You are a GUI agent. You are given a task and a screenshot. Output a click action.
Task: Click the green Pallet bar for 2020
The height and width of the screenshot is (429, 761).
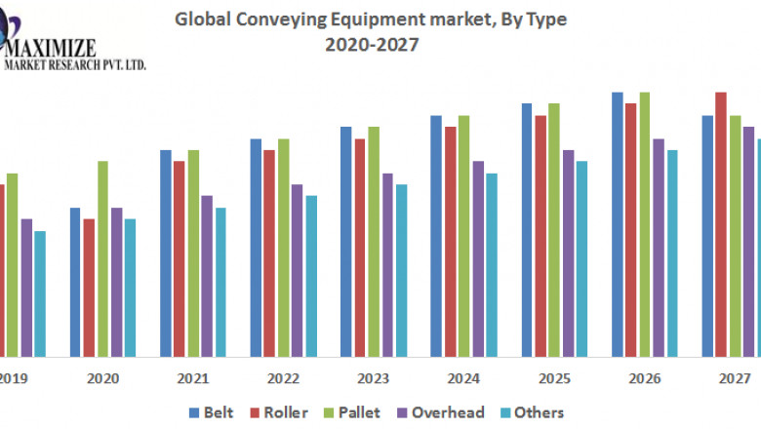pyautogui.click(x=102, y=257)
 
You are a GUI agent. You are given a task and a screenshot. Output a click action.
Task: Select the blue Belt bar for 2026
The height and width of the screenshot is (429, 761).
pyautogui.click(x=618, y=223)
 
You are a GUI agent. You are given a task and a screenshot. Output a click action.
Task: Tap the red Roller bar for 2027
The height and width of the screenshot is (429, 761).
pyautogui.click(x=721, y=223)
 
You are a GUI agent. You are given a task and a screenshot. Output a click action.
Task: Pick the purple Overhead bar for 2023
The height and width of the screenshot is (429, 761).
pyautogui.click(x=387, y=263)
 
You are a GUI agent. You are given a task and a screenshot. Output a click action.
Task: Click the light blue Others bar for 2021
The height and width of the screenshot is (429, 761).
pyautogui.click(x=220, y=281)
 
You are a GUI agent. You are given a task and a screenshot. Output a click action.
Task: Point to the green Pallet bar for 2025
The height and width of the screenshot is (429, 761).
pyautogui.click(x=554, y=229)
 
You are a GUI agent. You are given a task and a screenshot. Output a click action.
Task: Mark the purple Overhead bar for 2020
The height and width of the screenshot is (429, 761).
pyautogui.click(x=116, y=281)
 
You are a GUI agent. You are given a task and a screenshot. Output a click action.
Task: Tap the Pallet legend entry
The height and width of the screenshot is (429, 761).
pyautogui.click(x=357, y=412)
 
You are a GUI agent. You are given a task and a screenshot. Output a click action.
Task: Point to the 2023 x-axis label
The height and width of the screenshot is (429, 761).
pyautogui.click(x=374, y=378)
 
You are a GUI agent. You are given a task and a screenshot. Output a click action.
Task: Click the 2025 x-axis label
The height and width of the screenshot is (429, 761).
pyautogui.click(x=554, y=378)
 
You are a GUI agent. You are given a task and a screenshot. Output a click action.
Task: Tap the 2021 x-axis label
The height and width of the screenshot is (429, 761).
pyautogui.click(x=193, y=378)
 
